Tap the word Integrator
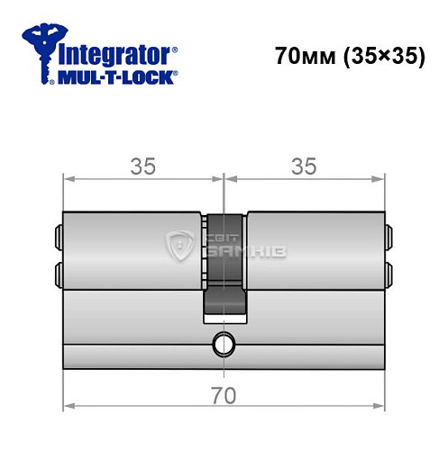pos(115,52)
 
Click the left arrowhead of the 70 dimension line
pos(68,406)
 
